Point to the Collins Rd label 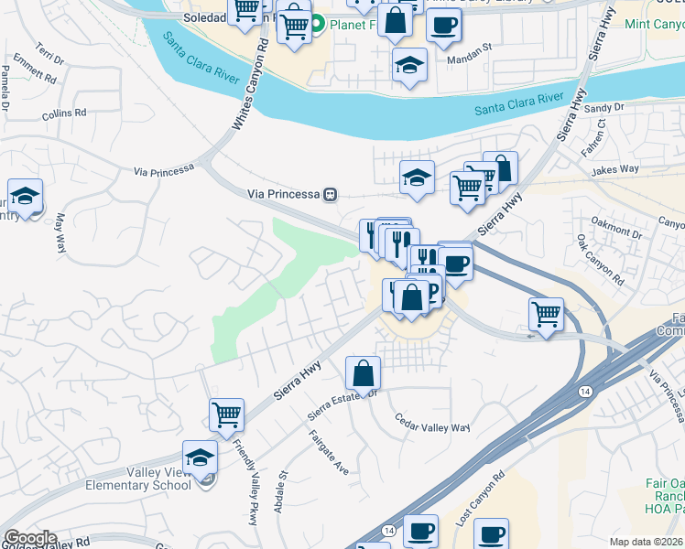coord(64,114)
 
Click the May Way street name coord(61,232)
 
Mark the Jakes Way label coord(615,169)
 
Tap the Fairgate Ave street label coord(329,452)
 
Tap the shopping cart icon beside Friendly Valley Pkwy coord(226,414)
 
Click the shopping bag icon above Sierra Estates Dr coord(363,372)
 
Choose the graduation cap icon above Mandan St coord(409,64)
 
